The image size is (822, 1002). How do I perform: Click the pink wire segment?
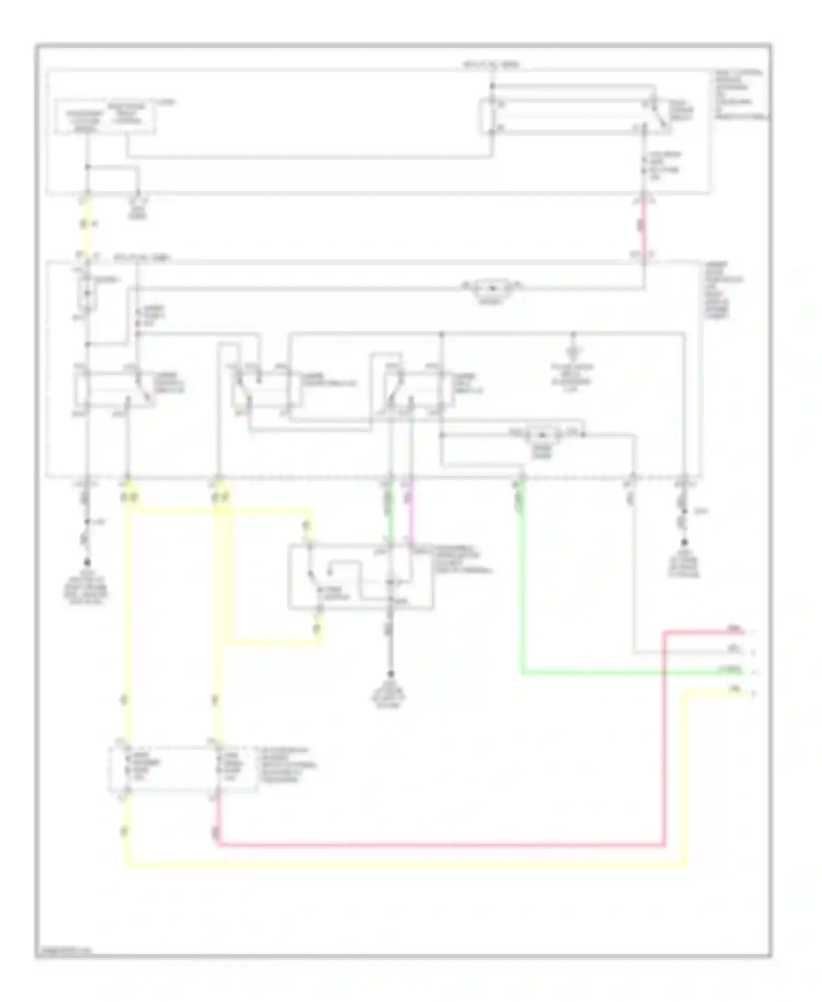pyautogui.click(x=410, y=515)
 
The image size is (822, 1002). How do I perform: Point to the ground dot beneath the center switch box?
pyautogui.click(x=391, y=674)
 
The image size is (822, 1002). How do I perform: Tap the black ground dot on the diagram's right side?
pyautogui.click(x=684, y=543)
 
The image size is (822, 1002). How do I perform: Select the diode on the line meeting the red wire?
pyautogui.click(x=492, y=287)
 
